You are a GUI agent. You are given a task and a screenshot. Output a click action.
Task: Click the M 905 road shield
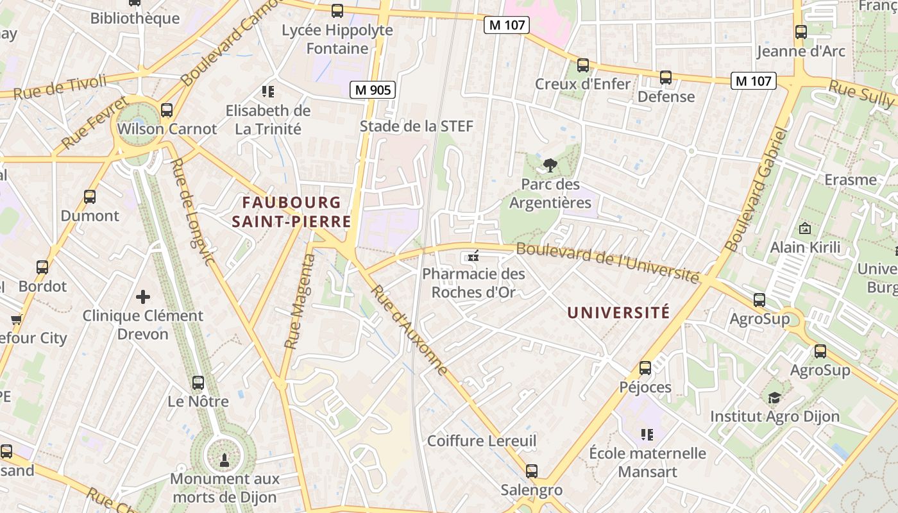pyautogui.click(x=372, y=90)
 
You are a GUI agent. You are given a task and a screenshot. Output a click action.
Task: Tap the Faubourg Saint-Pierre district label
pyautogui.click(x=291, y=212)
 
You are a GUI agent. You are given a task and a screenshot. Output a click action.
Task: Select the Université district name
pyautogui.click(x=618, y=312)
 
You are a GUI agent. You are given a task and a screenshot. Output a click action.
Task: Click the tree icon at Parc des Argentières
pyautogui.click(x=550, y=165)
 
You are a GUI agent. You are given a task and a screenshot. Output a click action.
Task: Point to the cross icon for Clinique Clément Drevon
pyautogui.click(x=143, y=296)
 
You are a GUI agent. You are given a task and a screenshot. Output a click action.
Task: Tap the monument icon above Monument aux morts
pyautogui.click(x=224, y=459)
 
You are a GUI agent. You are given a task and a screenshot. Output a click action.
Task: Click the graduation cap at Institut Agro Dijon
pyautogui.click(x=774, y=398)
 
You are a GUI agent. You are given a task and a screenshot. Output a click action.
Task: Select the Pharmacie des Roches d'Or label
pyautogui.click(x=473, y=283)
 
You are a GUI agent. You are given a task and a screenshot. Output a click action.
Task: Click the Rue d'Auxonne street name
pyautogui.click(x=409, y=331)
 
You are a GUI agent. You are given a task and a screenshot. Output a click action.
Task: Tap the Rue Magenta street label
pyautogui.click(x=300, y=301)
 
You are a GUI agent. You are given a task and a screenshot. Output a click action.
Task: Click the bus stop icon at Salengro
pyautogui.click(x=532, y=471)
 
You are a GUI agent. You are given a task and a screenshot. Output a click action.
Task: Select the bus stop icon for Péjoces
pyautogui.click(x=645, y=368)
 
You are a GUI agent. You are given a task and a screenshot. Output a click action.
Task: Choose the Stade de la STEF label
pyautogui.click(x=416, y=126)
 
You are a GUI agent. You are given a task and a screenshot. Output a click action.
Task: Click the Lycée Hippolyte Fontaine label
pyautogui.click(x=337, y=39)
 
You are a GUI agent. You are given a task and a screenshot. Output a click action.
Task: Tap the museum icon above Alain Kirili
pyautogui.click(x=804, y=228)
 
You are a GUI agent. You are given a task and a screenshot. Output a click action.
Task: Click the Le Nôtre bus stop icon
pyautogui.click(x=198, y=383)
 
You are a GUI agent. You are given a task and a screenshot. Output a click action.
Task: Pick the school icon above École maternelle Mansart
pyautogui.click(x=647, y=435)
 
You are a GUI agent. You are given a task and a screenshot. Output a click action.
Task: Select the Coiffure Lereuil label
pyautogui.click(x=482, y=441)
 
